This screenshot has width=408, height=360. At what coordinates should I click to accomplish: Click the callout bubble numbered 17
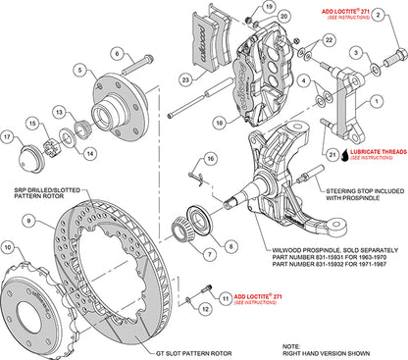click(x=9, y=137)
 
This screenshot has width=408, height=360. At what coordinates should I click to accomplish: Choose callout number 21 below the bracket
click(x=332, y=153)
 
